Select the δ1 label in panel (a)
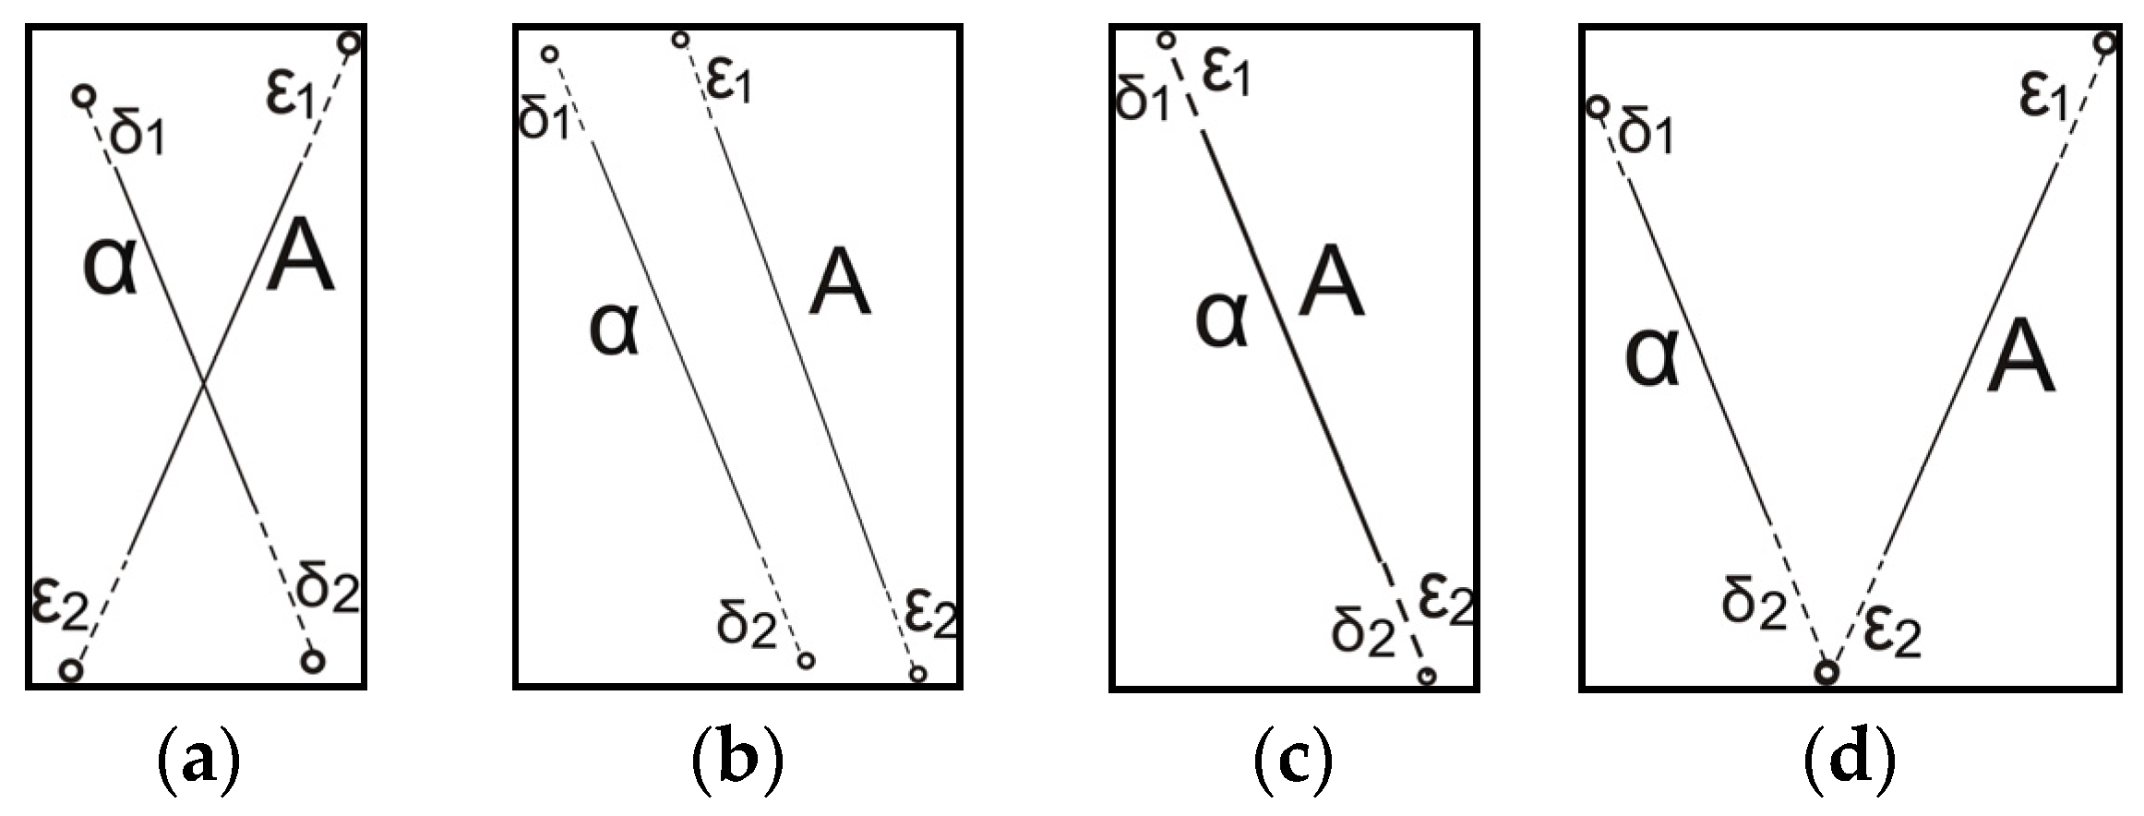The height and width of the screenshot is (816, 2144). tap(137, 136)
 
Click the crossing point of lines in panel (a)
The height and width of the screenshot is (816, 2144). tap(205, 381)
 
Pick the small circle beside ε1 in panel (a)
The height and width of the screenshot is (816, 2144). tap(349, 42)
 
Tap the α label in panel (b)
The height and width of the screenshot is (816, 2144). tap(614, 330)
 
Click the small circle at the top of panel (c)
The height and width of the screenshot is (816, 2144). tap(1166, 40)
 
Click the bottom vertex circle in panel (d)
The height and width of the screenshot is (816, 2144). tap(1827, 672)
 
